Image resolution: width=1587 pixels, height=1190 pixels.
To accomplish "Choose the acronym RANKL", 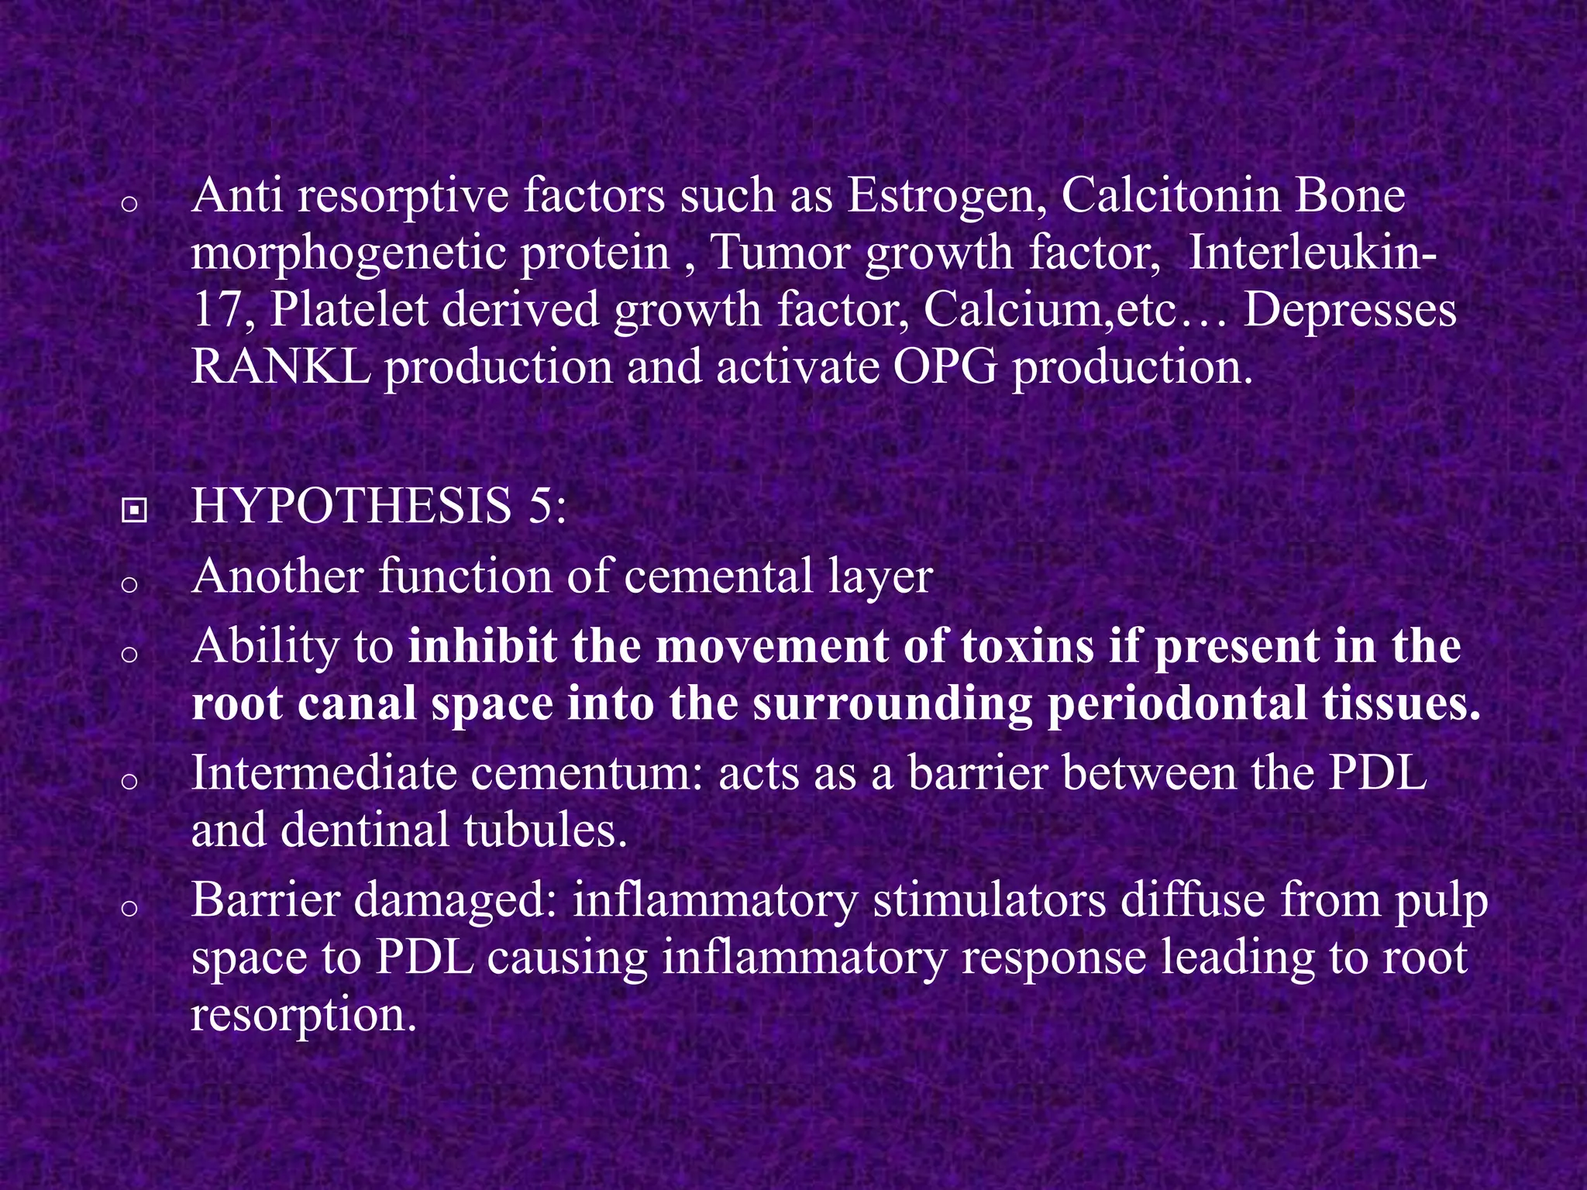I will click(281, 366).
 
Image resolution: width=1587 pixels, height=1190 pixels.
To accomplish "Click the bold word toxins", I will click(1028, 646).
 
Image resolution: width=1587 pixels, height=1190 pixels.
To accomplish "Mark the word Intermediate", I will click(323, 772).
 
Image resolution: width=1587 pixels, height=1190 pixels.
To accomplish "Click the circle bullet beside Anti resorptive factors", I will click(130, 204).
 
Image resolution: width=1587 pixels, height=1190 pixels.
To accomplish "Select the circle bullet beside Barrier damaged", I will click(130, 907).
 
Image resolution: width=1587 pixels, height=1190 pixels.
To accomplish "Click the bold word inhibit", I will click(482, 646).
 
